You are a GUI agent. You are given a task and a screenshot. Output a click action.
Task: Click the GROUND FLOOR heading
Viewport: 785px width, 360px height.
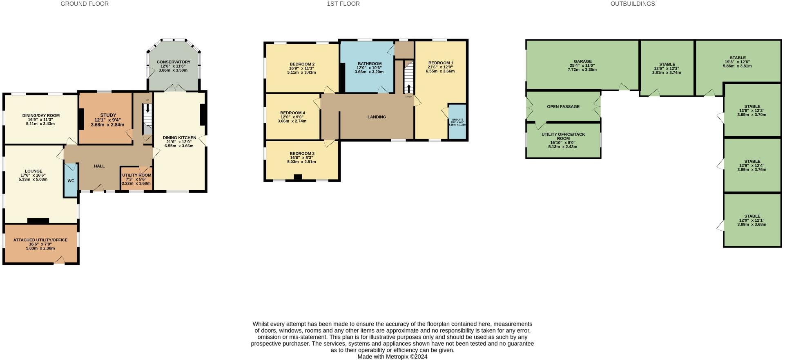click(x=85, y=4)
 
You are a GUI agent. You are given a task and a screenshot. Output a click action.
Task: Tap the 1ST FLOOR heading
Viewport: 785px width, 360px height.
click(x=343, y=4)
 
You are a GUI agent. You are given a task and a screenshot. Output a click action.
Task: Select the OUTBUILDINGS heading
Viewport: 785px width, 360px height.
click(x=632, y=4)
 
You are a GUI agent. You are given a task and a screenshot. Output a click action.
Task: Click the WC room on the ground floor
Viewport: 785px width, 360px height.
click(x=71, y=180)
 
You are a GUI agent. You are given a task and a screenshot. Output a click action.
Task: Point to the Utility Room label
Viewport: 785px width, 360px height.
click(x=136, y=175)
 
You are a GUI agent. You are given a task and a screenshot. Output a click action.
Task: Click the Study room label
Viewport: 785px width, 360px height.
click(x=108, y=115)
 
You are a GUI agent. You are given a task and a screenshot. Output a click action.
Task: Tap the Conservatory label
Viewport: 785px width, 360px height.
click(x=173, y=62)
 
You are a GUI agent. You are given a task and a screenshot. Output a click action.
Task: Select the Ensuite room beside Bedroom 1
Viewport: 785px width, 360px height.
click(x=457, y=122)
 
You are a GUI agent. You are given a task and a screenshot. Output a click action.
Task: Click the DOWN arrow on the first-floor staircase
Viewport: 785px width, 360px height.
click(x=409, y=88)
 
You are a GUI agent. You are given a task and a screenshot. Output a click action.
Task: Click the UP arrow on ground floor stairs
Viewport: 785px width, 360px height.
click(x=147, y=109)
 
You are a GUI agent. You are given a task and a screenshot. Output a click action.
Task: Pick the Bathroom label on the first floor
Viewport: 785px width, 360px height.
click(x=369, y=64)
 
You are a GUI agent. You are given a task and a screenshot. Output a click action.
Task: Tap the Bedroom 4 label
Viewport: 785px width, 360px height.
click(x=292, y=113)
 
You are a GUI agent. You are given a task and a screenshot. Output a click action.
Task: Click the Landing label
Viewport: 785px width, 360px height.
click(x=376, y=117)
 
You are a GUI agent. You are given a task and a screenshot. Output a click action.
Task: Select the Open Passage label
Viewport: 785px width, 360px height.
click(x=563, y=107)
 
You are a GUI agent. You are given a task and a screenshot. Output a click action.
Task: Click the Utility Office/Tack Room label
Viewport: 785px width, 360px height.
click(x=563, y=136)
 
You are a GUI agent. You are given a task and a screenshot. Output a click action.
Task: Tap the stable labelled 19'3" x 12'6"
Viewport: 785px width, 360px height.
click(x=737, y=62)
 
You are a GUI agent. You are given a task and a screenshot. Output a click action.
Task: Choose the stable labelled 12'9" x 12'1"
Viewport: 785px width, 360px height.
click(x=752, y=220)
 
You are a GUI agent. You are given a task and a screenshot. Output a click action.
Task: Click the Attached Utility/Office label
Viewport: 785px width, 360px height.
click(x=40, y=240)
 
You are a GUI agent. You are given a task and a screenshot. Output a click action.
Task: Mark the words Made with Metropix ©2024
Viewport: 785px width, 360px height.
click(x=392, y=357)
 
